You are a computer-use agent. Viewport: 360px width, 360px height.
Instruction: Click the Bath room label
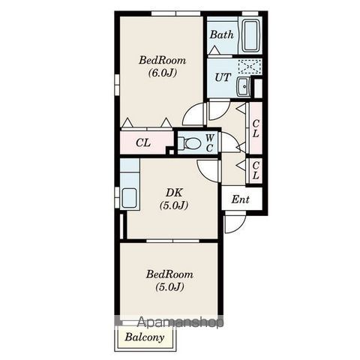(221, 34)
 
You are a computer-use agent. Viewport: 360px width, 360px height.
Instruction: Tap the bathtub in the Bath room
(250, 35)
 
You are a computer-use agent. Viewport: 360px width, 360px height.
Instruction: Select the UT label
(223, 77)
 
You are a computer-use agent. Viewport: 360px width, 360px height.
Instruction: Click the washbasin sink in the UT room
(243, 86)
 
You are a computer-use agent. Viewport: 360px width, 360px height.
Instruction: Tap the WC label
(210, 143)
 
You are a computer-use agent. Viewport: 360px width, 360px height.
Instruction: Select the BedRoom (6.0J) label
(163, 67)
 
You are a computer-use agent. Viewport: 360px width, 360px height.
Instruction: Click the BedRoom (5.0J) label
(169, 280)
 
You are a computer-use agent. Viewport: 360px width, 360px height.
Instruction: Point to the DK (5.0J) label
(174, 199)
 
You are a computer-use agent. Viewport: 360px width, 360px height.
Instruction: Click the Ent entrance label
(240, 199)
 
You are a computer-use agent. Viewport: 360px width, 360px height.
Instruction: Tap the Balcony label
(145, 337)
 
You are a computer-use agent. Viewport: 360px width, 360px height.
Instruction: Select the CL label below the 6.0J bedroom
(143, 142)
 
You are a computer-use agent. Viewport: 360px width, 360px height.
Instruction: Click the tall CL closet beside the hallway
(255, 128)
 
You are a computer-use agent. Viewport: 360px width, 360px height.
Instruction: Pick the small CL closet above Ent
(255, 171)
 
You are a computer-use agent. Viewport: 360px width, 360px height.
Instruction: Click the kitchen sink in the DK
(129, 197)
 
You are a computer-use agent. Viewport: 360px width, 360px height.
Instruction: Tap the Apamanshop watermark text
(181, 322)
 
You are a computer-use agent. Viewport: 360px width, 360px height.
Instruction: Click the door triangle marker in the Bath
(214, 50)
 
